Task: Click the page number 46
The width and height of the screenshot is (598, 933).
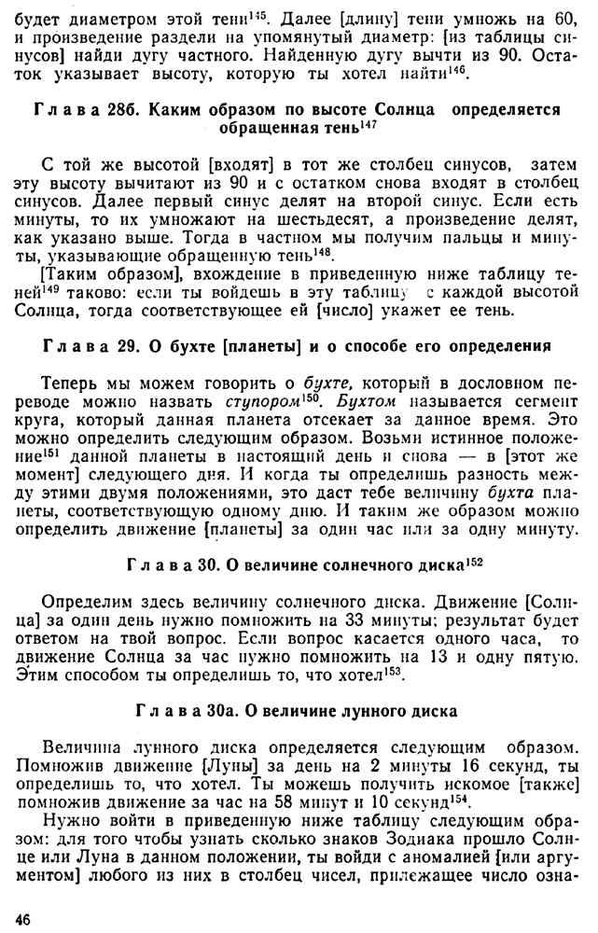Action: pyautogui.click(x=22, y=918)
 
